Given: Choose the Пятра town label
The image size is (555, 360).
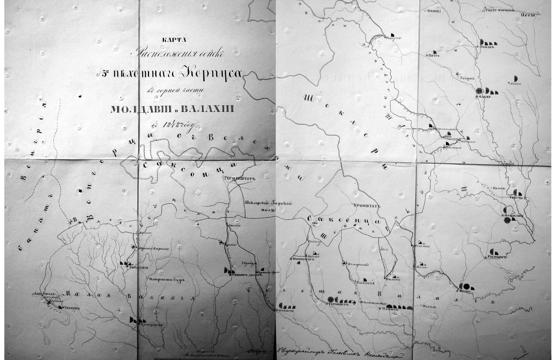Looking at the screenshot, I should (x=434, y=56).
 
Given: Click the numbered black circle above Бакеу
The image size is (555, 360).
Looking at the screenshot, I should (x=479, y=91).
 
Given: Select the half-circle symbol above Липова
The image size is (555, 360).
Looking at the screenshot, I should (x=516, y=78).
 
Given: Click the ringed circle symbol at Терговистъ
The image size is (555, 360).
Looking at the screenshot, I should (x=331, y=299).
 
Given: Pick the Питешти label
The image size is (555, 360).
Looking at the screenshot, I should (x=284, y=309).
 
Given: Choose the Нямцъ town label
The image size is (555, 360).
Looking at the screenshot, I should (x=434, y=11).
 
